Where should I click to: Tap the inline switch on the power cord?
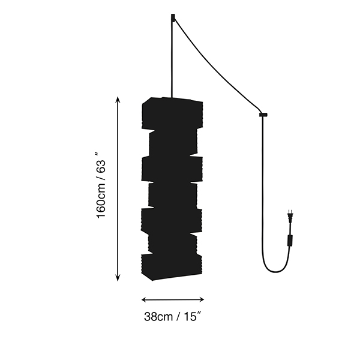[290, 241]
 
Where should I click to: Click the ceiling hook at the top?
[173, 17]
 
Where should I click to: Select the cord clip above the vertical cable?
[263, 115]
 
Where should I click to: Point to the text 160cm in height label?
[101, 200]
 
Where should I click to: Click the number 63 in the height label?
[101, 166]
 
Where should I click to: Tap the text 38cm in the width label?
[158, 317]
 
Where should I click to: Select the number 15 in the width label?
[190, 317]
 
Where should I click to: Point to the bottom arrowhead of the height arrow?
[118, 278]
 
